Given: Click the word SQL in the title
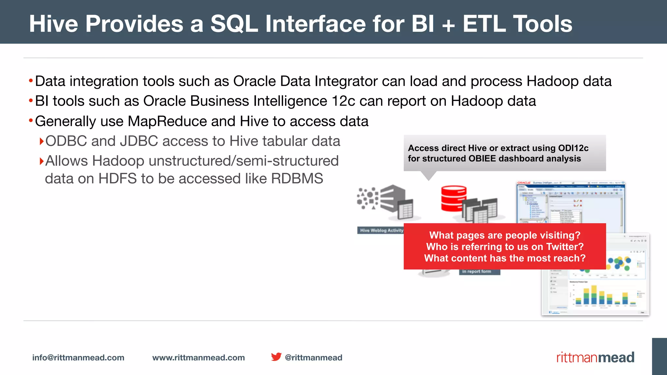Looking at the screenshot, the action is click(234, 24).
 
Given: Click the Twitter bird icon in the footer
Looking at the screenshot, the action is click(276, 357).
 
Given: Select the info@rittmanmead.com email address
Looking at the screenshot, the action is click(78, 357).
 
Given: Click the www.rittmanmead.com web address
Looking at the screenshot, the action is click(198, 357).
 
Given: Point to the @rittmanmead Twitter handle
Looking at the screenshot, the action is click(313, 357).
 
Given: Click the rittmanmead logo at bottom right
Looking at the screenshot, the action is click(595, 357).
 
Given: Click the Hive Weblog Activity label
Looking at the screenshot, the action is click(381, 230).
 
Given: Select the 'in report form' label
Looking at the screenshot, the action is click(476, 271).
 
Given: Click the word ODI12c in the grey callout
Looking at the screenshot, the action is click(573, 148).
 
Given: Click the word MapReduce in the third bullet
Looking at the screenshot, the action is click(167, 121).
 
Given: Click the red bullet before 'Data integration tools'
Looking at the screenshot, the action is click(31, 80).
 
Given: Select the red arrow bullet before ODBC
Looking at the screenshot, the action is click(41, 141).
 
